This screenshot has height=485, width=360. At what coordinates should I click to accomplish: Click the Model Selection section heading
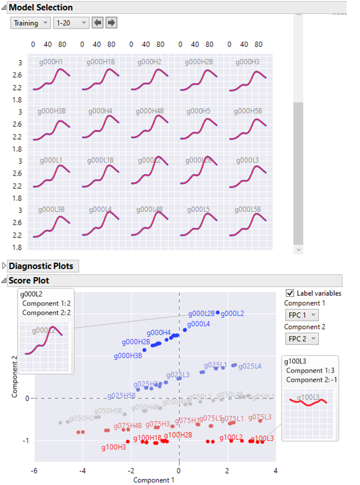pos(40,7)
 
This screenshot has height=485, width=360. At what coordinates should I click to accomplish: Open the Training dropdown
pos(30,23)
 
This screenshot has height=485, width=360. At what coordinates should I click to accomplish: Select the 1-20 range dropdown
pos(70,23)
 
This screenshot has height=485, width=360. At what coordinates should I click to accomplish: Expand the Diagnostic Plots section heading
pos(40,266)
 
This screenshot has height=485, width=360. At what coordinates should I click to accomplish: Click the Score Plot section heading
pos(28,281)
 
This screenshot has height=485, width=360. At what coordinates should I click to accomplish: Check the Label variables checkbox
pos(290,293)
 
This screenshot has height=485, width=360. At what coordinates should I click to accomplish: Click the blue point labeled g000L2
pos(218,313)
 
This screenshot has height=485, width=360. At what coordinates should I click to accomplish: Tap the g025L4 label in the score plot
pos(250,367)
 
